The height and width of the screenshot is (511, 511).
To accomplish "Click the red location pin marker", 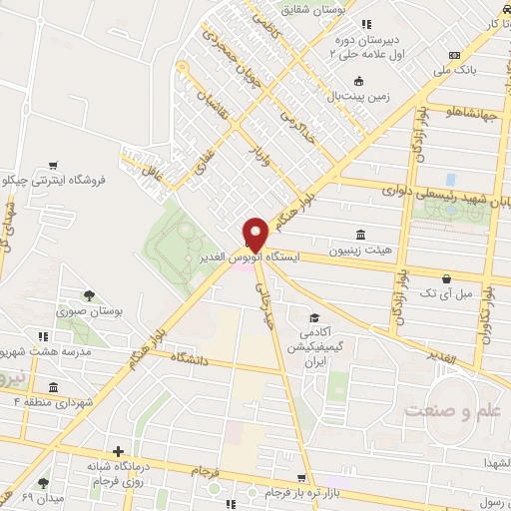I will pos(255,234).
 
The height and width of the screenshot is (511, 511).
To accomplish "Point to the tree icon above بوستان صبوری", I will pos(90,295).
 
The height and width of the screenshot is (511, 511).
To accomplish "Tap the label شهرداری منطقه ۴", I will pos(45,401).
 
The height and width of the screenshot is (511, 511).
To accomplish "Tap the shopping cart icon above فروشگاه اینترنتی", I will pos(52,165).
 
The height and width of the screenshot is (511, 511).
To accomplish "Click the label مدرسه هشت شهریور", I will pos(48,352).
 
